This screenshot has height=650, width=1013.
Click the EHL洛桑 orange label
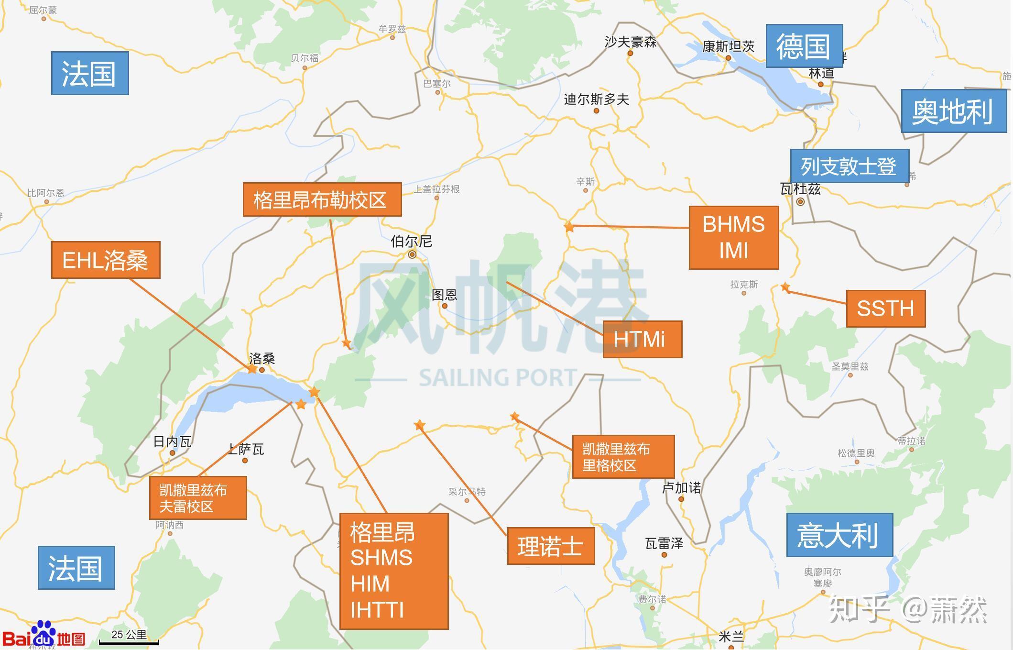coord(106,260)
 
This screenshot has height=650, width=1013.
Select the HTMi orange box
coord(642,339)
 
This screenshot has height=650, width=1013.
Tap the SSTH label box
coord(885,308)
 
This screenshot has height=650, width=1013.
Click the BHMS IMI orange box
coord(733,238)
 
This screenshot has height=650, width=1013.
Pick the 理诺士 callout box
coord(551,546)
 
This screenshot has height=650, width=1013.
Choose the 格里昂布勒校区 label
coord(322,199)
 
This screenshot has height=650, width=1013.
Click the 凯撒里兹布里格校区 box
coord(623,456)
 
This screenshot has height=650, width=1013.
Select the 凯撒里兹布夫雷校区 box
coord(198,497)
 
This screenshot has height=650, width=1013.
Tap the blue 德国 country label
coord(804,46)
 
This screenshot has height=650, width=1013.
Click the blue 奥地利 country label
coord(953,111)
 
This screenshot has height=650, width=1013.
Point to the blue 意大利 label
coord(839,535)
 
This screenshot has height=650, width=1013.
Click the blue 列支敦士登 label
coord(849,166)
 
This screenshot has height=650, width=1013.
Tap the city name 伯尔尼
coord(411,242)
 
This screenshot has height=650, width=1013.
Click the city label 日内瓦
coord(172,441)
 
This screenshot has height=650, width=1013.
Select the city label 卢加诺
coord(681,488)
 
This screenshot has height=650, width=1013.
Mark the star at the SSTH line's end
coord(785,287)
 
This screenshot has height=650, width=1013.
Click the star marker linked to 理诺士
coord(419,425)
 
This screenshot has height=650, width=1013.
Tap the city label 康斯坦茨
coord(728,47)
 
